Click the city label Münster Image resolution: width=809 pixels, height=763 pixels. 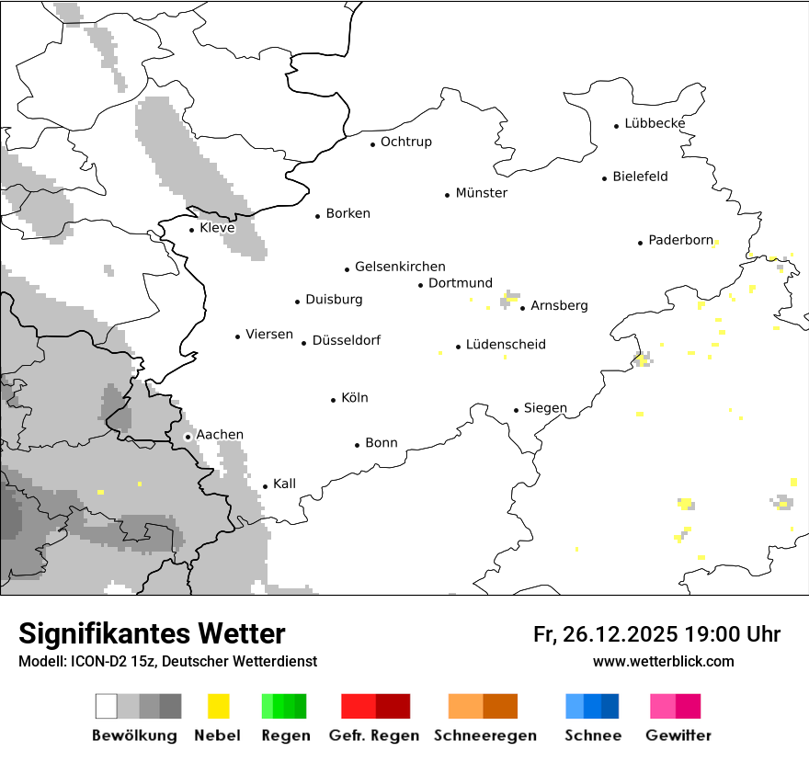481,193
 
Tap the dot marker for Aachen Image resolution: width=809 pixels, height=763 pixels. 188,437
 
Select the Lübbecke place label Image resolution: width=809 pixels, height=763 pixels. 655,123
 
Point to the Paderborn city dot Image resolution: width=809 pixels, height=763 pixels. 640,243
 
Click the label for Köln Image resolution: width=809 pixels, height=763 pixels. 354,398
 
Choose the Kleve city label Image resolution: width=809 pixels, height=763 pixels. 217,228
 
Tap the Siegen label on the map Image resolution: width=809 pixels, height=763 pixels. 545,408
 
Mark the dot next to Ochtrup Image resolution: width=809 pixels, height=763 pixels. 372,143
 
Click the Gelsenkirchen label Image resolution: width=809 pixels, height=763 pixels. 400,267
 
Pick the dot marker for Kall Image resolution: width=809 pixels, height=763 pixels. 265,486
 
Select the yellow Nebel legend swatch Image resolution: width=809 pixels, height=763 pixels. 219,706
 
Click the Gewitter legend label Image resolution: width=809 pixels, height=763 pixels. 678,735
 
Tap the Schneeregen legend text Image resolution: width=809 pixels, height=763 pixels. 484,735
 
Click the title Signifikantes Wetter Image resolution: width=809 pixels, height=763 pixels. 152,634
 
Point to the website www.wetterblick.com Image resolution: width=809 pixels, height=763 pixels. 663,662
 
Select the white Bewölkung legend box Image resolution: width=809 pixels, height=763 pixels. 106,706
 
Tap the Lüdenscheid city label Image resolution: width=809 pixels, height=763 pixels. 506,345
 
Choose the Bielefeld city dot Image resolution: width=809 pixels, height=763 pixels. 604,178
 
